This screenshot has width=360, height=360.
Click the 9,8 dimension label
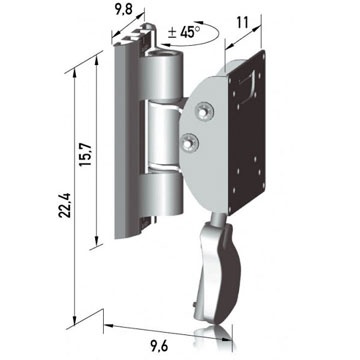(x=124, y=10)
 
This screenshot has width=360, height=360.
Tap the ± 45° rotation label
(x=184, y=32)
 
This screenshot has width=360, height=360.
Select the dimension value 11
(x=242, y=23)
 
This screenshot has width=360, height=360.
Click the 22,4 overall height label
(x=64, y=205)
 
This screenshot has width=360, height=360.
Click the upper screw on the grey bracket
(x=204, y=111)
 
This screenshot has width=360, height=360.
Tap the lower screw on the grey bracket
(x=190, y=143)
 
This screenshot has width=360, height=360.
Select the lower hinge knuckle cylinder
(x=162, y=192)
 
